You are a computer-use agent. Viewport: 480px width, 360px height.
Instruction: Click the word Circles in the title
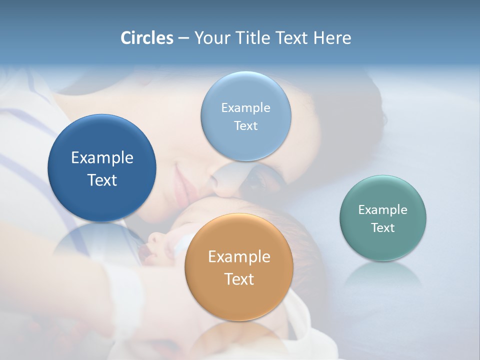click(146, 37)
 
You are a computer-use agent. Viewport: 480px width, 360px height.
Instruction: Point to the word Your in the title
click(210, 37)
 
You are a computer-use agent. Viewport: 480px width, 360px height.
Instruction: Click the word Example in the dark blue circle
click(102, 157)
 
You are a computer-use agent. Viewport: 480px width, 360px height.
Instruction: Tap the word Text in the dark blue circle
click(102, 180)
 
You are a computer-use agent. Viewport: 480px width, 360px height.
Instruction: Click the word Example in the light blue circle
click(245, 107)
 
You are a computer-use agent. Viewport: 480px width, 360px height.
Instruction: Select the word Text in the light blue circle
click(245, 125)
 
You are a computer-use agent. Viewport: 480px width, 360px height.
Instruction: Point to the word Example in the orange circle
click(239, 256)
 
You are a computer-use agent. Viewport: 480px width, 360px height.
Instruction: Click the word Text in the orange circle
click(239, 279)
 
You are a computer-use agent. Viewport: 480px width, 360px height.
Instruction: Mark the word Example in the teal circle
click(382, 209)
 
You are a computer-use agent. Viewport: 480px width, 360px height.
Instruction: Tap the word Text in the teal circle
click(382, 227)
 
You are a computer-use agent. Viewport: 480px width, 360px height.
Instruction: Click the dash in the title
click(183, 38)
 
